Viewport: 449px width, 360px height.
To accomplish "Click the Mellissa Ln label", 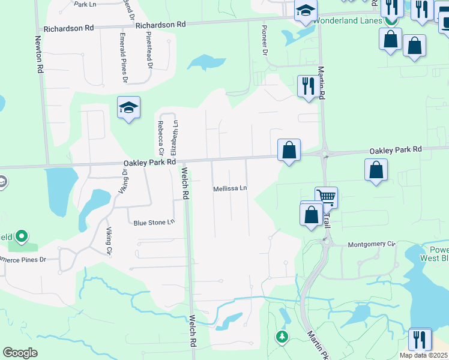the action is (231, 188).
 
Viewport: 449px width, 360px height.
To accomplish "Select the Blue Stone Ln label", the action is (154, 223).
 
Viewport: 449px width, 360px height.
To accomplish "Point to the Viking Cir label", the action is (109, 242).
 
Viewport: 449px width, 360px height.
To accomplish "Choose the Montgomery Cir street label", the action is (372, 244).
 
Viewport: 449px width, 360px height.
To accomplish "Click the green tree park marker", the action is (282, 336).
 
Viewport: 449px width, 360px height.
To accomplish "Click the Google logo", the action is (20, 353).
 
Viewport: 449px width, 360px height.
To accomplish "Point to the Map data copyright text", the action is (424, 355).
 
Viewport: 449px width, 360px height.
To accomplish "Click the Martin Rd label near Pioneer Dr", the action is (321, 83).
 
